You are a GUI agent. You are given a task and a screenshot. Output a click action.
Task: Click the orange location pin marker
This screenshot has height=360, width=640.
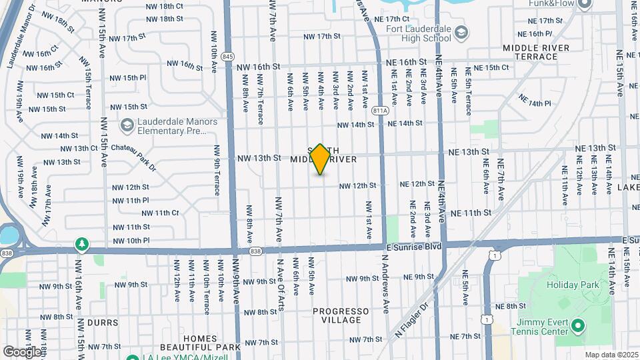[320, 159]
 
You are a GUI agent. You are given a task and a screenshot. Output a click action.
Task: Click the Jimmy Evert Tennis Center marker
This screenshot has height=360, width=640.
[578, 327]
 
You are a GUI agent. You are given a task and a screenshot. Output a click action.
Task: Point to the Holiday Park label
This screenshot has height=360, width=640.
[573, 285]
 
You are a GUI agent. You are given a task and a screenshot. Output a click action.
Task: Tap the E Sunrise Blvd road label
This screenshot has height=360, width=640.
[414, 246]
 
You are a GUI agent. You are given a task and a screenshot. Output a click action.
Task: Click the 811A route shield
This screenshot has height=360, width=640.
[379, 110]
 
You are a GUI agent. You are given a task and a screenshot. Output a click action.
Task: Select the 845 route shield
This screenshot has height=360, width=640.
[228, 56]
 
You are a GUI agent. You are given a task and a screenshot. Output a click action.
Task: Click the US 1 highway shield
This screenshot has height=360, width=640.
[491, 255]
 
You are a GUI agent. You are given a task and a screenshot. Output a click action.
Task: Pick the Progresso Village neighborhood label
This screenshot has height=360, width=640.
[341, 315]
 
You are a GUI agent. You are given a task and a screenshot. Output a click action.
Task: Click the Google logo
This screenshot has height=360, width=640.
[22, 351]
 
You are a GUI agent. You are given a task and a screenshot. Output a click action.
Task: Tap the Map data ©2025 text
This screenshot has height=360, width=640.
[611, 355]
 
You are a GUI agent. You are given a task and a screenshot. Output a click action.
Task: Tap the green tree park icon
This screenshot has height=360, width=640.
[82, 244]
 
